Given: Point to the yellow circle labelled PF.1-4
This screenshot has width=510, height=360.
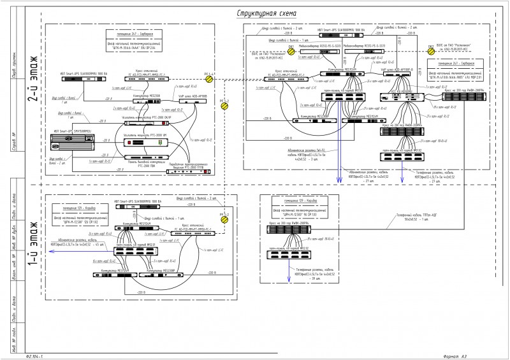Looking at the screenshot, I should [x=217, y=81].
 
